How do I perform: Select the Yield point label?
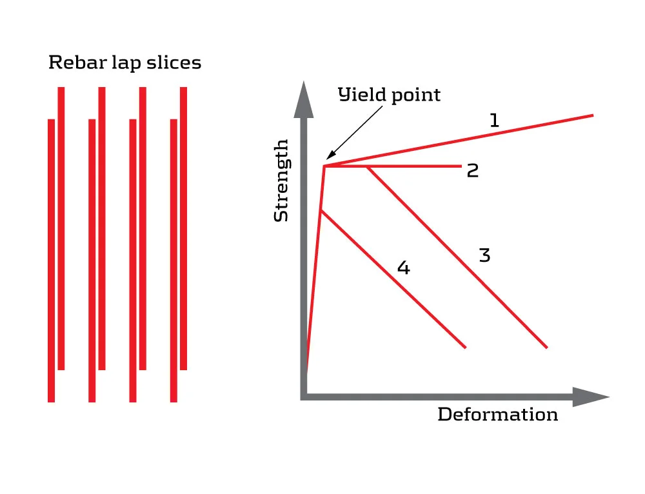tap(390, 95)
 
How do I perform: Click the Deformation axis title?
tap(497, 414)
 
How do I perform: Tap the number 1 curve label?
tap(494, 120)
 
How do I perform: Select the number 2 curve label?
tap(473, 171)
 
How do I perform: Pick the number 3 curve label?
tap(485, 255)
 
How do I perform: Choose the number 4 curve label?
tap(403, 268)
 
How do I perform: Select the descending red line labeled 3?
tap(458, 258)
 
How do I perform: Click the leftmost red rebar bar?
tap(52, 258)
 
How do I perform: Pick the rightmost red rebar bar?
tap(184, 226)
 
